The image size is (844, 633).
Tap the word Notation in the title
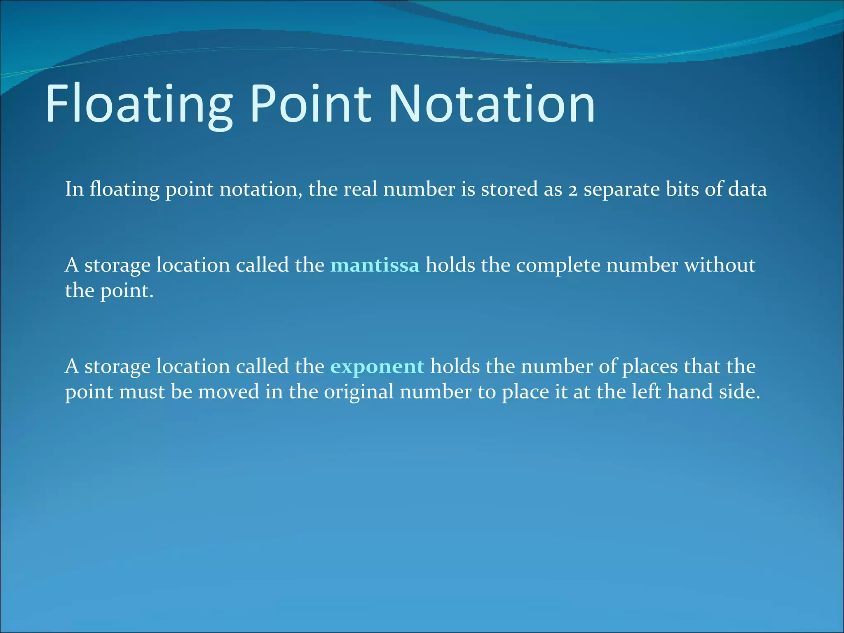[x=491, y=104]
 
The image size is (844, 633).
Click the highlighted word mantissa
[x=375, y=265]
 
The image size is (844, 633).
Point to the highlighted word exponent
[x=377, y=366]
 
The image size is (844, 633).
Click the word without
[x=720, y=265]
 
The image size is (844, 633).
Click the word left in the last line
[x=651, y=392]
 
